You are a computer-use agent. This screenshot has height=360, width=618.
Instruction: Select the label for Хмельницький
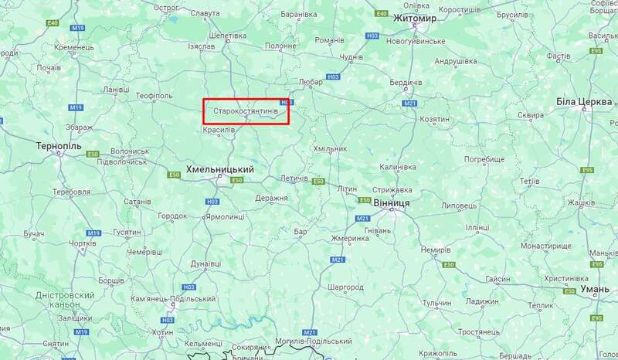[x=221, y=168]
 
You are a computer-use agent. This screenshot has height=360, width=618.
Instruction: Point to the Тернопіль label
[x=59, y=145]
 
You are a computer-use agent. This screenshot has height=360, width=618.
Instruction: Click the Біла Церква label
[x=583, y=102]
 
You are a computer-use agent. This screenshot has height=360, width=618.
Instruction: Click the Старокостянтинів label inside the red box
[x=246, y=111]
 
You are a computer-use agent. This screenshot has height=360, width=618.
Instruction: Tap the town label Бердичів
[x=406, y=83]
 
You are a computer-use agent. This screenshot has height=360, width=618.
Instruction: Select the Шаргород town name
[x=345, y=287]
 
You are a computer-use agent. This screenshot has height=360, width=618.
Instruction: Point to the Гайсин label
[x=497, y=279]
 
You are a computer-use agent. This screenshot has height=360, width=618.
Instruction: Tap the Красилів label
[x=219, y=130]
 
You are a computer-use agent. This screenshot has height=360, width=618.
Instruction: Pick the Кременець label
[x=75, y=47]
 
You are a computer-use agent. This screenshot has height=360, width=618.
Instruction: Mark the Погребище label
[x=484, y=158]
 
